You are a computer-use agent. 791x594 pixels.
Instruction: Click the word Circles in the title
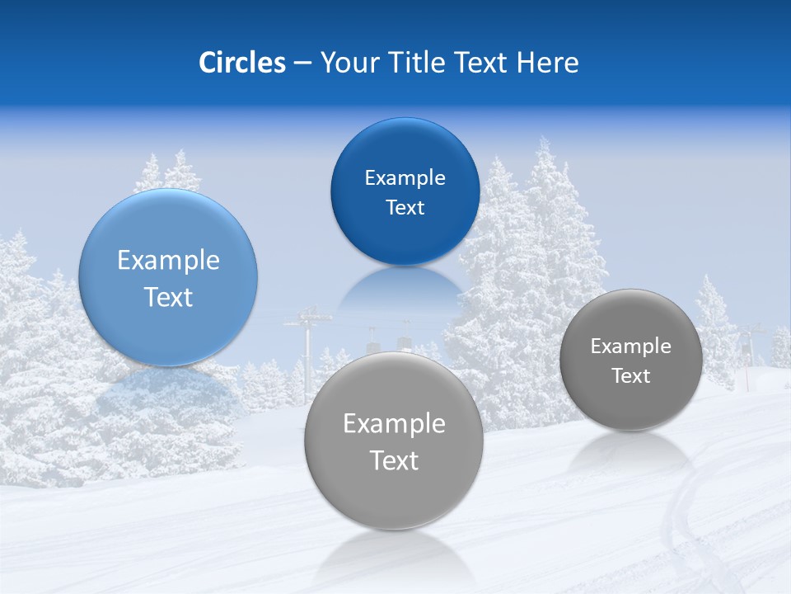pyautogui.click(x=242, y=63)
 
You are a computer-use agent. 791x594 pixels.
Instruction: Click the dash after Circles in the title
pyautogui.click(x=302, y=64)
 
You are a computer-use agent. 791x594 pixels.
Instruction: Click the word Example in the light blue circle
pyautogui.click(x=168, y=261)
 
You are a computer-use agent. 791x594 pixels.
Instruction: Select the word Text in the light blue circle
pyautogui.click(x=168, y=297)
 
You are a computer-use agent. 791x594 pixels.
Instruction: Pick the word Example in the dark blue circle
pyautogui.click(x=405, y=178)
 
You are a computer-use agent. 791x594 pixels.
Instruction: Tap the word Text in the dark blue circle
pyautogui.click(x=405, y=208)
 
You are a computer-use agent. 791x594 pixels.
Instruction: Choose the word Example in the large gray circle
pyautogui.click(x=394, y=424)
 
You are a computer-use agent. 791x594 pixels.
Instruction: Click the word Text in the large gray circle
pyautogui.click(x=394, y=460)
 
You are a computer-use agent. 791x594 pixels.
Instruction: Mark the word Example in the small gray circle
pyautogui.click(x=630, y=346)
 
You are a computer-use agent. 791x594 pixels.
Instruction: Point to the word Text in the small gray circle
pyautogui.click(x=630, y=376)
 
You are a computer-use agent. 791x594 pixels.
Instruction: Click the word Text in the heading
pyautogui.click(x=481, y=63)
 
